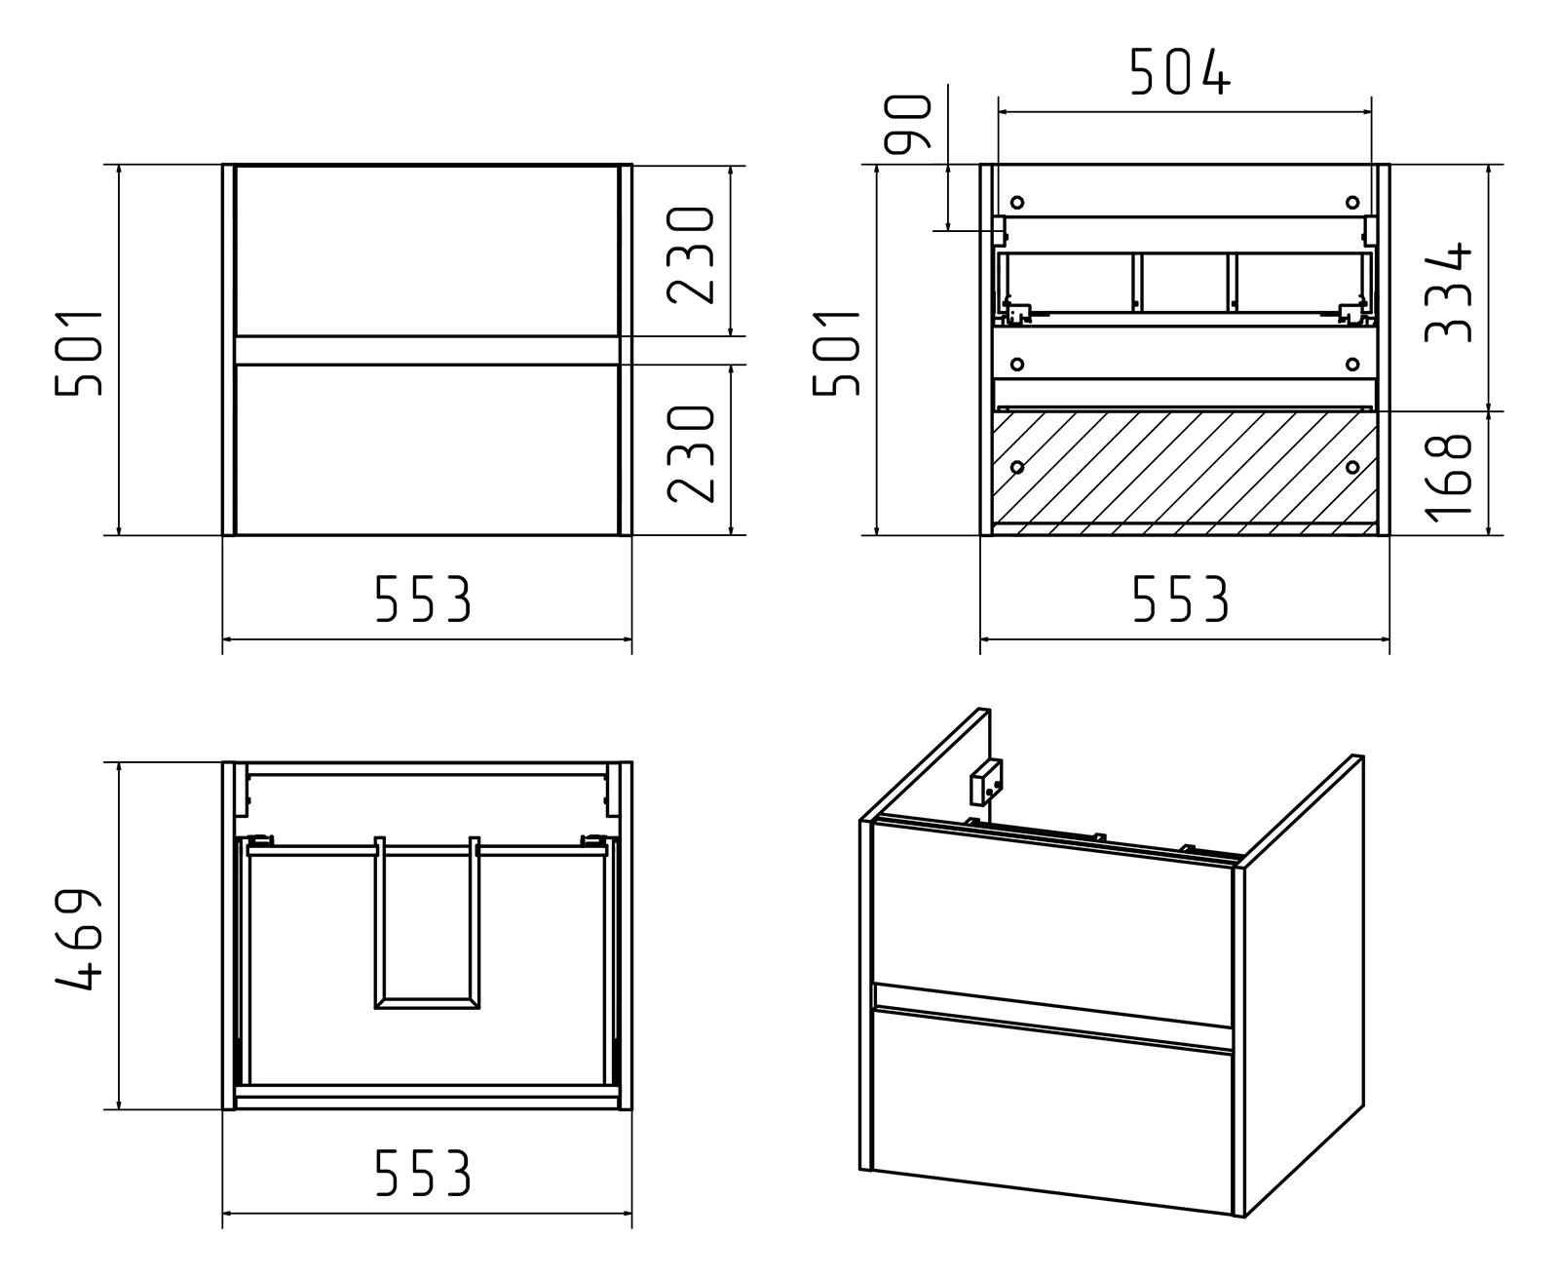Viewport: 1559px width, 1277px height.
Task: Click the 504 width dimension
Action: point(1181,72)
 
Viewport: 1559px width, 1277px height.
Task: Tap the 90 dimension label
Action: point(908,124)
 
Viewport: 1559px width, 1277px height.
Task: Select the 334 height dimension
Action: point(1447,292)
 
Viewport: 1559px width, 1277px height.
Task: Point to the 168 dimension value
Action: point(1447,478)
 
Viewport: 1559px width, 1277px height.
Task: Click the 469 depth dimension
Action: point(78,939)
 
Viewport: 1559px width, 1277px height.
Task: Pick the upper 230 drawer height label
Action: point(690,255)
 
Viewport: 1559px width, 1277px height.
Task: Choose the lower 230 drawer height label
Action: point(690,454)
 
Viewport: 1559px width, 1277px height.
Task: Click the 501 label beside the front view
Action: point(78,354)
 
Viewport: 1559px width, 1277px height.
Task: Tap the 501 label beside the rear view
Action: point(836,354)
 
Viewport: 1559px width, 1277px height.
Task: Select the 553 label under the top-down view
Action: point(423,1172)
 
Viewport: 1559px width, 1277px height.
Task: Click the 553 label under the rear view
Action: point(1181,598)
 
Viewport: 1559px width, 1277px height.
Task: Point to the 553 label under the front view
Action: point(423,598)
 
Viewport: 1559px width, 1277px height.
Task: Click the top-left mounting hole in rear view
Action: point(1017,202)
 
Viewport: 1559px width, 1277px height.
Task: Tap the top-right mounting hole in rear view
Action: point(1352,202)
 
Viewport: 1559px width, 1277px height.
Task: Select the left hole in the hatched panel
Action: point(1017,467)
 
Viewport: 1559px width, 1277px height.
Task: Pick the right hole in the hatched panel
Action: point(1352,467)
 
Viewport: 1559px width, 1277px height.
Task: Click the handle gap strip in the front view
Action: point(427,351)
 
